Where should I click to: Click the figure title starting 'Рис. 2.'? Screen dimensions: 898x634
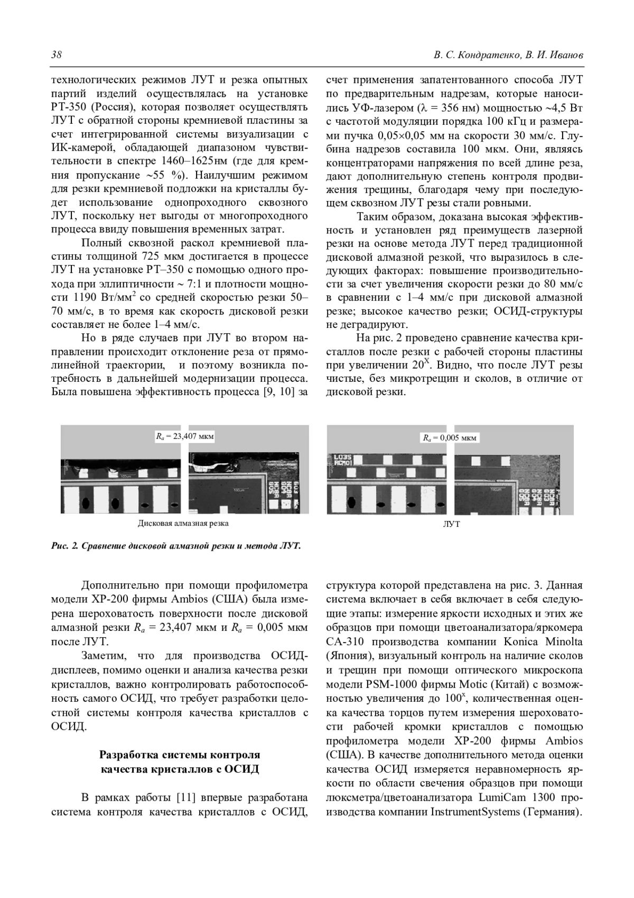[x=176, y=546]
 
